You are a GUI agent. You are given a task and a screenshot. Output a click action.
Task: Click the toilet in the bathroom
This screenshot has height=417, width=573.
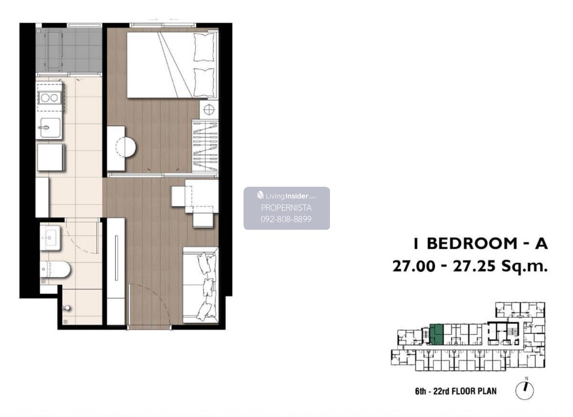[x=55, y=269]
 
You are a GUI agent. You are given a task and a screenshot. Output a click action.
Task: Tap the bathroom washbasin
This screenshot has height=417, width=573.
[x=51, y=238]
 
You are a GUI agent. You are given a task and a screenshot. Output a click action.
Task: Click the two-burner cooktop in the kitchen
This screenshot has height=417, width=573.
[x=49, y=98]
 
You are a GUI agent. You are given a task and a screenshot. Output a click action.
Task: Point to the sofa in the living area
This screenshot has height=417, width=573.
[x=201, y=285]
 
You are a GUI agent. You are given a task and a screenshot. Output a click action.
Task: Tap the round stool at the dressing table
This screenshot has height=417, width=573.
[x=126, y=147]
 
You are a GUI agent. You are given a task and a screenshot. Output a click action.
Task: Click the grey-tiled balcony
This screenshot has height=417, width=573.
[x=69, y=50]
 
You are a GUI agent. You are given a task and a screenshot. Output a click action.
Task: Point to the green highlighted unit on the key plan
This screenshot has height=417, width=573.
[x=436, y=335]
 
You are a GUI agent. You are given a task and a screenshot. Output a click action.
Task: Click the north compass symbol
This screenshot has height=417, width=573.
[x=524, y=390]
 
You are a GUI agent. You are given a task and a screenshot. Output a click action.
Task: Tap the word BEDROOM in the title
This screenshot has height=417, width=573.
[x=472, y=243]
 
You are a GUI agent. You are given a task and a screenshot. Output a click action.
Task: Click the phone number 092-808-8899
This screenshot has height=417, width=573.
[x=286, y=219]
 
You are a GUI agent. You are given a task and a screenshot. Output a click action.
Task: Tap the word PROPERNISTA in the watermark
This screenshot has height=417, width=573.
[x=286, y=208]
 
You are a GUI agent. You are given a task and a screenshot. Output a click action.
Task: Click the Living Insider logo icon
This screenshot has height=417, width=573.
[x=260, y=195]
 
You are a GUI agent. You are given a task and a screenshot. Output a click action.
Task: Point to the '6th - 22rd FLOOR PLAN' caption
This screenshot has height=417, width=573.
[x=456, y=391]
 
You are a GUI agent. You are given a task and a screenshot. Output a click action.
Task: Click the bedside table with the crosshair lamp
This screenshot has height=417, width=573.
[x=209, y=110]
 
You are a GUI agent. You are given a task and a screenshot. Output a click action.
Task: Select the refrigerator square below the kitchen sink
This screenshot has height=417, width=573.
[x=51, y=157]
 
